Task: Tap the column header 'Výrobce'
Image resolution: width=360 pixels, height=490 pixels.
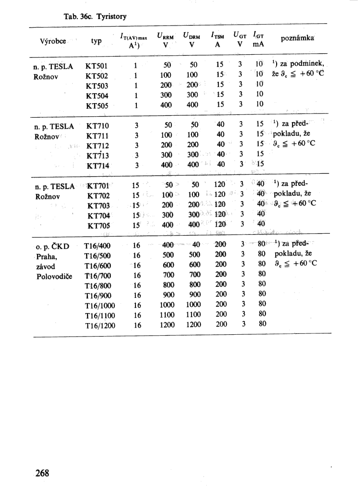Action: (x=53, y=41)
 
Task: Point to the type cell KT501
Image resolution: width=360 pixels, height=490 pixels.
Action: (x=96, y=66)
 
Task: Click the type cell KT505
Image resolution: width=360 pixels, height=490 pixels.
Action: (x=96, y=106)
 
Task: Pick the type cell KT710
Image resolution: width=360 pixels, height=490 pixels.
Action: (x=97, y=126)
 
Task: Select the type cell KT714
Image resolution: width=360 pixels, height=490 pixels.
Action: (x=97, y=166)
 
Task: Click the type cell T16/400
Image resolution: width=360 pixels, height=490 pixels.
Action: (x=98, y=246)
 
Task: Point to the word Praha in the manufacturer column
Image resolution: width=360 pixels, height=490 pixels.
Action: (x=47, y=256)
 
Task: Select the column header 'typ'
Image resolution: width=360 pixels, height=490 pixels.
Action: (x=96, y=41)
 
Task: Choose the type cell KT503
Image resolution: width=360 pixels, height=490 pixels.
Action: (x=96, y=86)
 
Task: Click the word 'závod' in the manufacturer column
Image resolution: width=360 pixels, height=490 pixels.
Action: (x=46, y=266)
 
